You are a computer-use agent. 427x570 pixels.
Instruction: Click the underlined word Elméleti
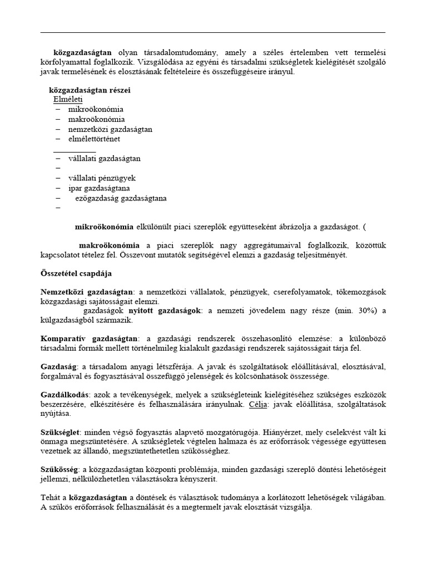tap(67, 99)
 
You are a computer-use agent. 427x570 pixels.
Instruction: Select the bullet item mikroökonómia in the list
tap(96, 109)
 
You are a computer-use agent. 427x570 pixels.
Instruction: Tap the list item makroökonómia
tap(96, 119)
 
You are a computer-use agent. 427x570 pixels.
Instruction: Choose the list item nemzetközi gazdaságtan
tap(110, 129)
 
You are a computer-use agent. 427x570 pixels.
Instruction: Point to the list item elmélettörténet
tap(94, 139)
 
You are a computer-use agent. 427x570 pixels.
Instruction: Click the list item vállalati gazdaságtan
tap(104, 158)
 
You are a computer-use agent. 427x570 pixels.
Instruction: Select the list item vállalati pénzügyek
tap(102, 178)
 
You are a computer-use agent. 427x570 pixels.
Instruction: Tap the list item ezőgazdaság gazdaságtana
tap(120, 198)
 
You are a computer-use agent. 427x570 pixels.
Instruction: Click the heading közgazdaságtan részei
tap(90, 90)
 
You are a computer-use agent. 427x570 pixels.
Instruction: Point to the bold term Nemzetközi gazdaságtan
tap(87, 292)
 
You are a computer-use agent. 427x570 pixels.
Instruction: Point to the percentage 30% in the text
tap(359, 311)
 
